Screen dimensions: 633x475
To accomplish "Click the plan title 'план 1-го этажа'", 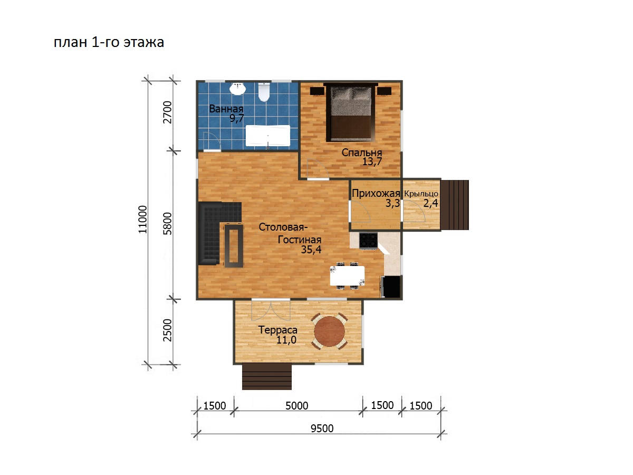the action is [x=109, y=42].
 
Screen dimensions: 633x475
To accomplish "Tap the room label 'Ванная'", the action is [x=226, y=109].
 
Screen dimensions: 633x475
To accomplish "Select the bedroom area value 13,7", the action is [x=372, y=161].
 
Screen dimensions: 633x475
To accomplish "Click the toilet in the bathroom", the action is [x=264, y=92].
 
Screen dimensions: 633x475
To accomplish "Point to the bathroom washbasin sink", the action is [x=237, y=89].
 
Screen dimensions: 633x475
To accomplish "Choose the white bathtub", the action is [x=267, y=136].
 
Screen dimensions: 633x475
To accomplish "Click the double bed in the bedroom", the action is [x=350, y=114].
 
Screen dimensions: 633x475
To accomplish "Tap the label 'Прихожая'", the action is [x=376, y=193].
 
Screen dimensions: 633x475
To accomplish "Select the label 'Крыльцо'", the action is [x=421, y=194].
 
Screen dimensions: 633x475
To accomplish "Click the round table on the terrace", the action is [x=329, y=331].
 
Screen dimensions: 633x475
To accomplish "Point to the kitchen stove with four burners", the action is [x=368, y=241].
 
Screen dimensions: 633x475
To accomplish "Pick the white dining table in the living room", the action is [x=347, y=275].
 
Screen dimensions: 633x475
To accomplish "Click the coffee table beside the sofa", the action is [x=234, y=245].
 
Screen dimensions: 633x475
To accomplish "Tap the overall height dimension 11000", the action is [x=142, y=220].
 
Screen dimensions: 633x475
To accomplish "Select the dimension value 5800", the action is [x=167, y=224].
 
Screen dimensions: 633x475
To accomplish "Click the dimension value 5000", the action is [x=297, y=406].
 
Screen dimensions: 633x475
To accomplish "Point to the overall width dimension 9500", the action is [x=322, y=429].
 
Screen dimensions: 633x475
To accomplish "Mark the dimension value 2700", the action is [x=167, y=112].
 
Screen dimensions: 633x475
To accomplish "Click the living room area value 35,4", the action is [x=311, y=250].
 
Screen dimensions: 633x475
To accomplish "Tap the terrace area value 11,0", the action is [x=286, y=340].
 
